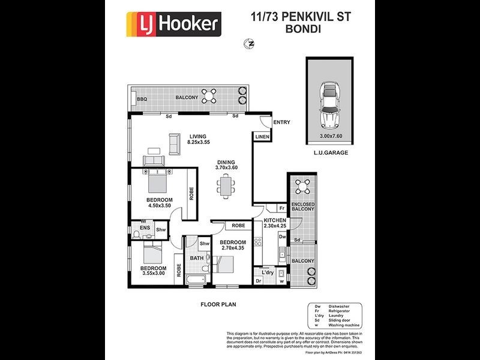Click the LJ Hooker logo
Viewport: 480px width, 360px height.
(x=173, y=25)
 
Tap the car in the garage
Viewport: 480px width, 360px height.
(x=329, y=106)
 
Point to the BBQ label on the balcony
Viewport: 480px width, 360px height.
(x=142, y=99)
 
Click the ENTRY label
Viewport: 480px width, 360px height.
(x=281, y=122)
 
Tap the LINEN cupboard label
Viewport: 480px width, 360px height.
(x=262, y=137)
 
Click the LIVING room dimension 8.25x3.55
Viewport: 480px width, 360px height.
(x=199, y=143)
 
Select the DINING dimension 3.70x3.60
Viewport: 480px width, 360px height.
(x=227, y=168)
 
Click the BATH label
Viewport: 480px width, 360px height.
(x=197, y=258)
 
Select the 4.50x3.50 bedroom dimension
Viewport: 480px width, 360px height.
(x=159, y=206)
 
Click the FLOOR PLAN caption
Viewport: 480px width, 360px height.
(x=218, y=304)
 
